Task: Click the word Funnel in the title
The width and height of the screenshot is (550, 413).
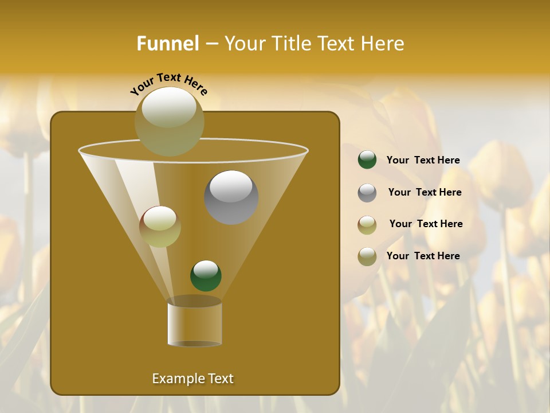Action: click(167, 44)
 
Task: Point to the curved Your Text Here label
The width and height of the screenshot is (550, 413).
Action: click(168, 83)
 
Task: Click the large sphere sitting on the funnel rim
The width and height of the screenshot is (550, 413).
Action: click(169, 122)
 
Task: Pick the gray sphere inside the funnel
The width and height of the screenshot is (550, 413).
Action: click(231, 197)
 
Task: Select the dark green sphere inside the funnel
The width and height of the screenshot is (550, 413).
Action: click(206, 275)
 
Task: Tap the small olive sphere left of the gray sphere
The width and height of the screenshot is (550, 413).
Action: click(160, 227)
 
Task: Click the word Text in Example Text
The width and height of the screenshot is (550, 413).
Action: click(220, 379)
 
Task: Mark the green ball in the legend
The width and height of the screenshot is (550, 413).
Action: click(367, 160)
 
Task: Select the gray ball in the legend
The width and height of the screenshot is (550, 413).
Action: click(367, 193)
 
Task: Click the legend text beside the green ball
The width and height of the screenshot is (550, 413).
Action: click(423, 160)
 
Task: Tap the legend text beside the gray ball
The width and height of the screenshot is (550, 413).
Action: click(425, 192)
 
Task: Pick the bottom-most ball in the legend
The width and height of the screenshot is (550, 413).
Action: click(367, 256)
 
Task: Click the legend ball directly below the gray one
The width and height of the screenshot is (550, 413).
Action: click(367, 225)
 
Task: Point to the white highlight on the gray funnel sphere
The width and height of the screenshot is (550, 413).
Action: click(231, 186)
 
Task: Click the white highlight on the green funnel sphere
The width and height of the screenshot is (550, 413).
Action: click(206, 268)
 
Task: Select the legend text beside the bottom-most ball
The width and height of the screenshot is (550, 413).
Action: click(423, 256)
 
